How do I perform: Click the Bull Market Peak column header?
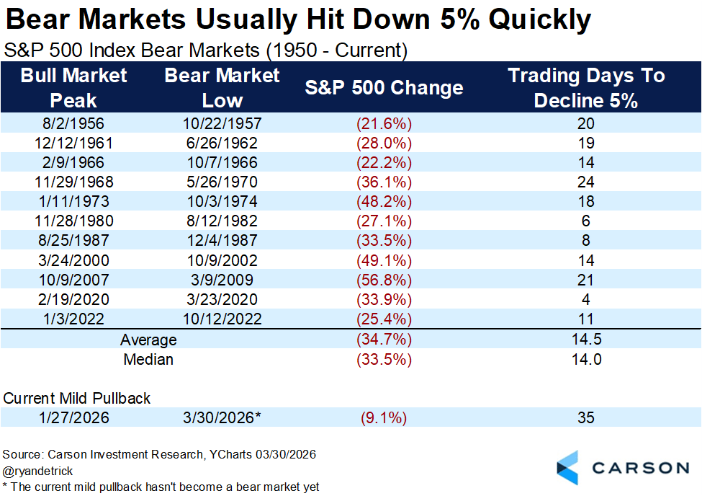73,87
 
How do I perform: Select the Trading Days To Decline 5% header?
586,87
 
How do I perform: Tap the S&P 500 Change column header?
384,88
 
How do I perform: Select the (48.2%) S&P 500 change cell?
384,202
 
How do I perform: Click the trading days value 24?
586,182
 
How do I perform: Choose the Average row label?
148,340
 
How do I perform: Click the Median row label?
148,359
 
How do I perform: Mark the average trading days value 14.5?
586,340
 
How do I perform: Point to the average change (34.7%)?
384,340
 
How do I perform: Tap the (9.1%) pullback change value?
384,418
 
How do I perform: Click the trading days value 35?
586,418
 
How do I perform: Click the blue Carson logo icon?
568,467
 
